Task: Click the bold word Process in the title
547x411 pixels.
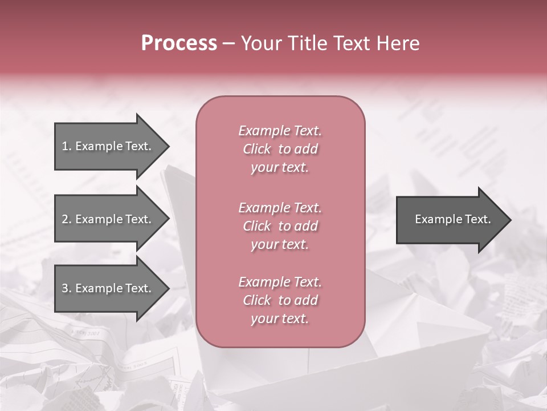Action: coord(179,43)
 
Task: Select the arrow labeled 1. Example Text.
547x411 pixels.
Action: coord(108,146)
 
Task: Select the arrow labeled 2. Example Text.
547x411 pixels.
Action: coord(108,219)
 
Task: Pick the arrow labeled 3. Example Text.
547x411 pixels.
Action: coord(108,288)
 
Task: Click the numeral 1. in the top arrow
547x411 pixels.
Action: coord(67,146)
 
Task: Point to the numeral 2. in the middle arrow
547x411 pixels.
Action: coord(67,219)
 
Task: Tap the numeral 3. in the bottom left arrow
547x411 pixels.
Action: coord(67,288)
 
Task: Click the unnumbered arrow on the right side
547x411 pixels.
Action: coord(450,220)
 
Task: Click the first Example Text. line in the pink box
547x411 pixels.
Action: coord(280,131)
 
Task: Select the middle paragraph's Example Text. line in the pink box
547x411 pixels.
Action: coord(280,207)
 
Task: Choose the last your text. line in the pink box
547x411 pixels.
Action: coord(280,319)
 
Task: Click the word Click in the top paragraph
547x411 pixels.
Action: coord(257,150)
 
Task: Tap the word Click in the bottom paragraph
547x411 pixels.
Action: coord(257,300)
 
